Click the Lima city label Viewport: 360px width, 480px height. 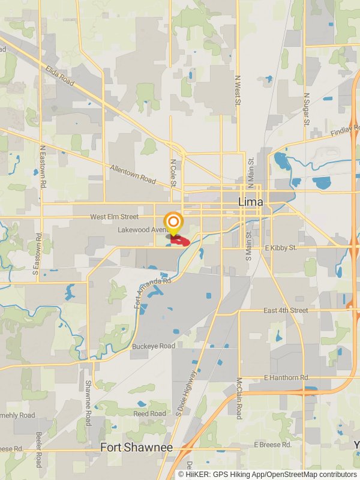[x=250, y=202]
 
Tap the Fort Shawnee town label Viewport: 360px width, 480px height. [x=136, y=448]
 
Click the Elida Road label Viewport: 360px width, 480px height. [x=59, y=75]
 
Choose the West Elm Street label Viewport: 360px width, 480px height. [x=114, y=217]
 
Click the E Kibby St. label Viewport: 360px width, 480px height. [x=280, y=247]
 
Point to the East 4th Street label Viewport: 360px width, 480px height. [x=286, y=310]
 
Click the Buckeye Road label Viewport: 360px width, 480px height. [x=153, y=346]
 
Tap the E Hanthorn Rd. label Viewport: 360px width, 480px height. [x=286, y=377]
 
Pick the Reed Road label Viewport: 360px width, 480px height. [x=149, y=413]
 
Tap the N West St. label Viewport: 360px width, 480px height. [x=238, y=91]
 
